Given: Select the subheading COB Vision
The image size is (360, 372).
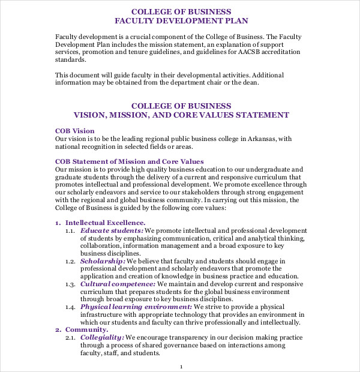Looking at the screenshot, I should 75,130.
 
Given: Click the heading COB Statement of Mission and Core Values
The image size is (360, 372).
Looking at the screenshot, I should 130,161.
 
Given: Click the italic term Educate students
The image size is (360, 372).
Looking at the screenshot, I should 112,230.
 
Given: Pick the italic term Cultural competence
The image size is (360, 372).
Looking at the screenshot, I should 118,284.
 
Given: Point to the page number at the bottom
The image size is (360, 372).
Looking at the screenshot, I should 181,365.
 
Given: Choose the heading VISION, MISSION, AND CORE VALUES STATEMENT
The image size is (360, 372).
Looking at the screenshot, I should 181,115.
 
